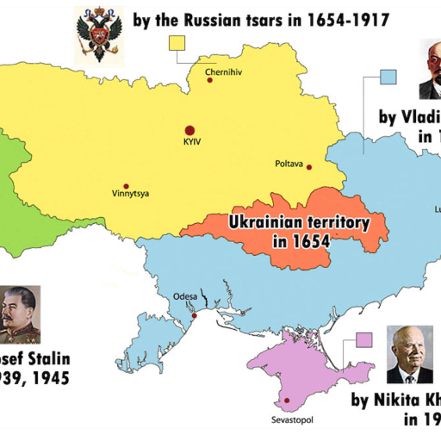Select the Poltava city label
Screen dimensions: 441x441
click(289, 163)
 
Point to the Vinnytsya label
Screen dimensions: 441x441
click(130, 194)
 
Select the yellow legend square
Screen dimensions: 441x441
click(180, 44)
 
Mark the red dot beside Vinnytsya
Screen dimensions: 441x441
click(127, 186)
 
